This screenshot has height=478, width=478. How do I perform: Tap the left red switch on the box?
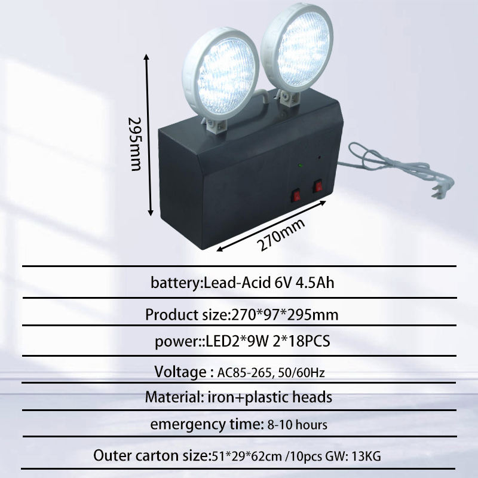296,194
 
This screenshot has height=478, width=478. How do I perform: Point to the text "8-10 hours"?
297,425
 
